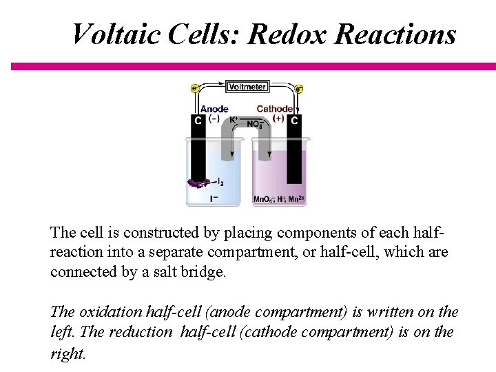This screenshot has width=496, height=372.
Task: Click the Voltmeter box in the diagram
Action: pyautogui.click(x=247, y=87)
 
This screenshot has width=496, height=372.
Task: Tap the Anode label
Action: pyautogui.click(x=214, y=109)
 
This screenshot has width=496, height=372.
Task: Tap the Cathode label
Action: pyautogui.click(x=274, y=109)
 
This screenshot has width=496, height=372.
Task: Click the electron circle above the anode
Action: pyautogui.click(x=195, y=88)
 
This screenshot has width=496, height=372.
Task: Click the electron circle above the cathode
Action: pyautogui.click(x=299, y=88)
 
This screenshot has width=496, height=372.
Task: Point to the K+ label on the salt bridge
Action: pyautogui.click(x=234, y=120)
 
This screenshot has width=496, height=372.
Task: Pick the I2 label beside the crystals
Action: pyautogui.click(x=220, y=183)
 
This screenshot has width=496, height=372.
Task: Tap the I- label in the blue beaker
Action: pyautogui.click(x=214, y=199)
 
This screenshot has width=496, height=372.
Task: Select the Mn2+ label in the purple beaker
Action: pyautogui.click(x=297, y=199)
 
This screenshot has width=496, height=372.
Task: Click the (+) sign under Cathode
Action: pyautogui.click(x=278, y=118)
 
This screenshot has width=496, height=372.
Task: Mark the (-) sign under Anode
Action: pyautogui.click(x=214, y=118)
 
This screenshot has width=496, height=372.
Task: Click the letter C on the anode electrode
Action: pyautogui.click(x=198, y=121)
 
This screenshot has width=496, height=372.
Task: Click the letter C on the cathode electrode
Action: pyautogui.click(x=294, y=121)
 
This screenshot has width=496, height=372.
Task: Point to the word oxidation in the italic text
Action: pyautogui.click(x=111, y=312)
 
